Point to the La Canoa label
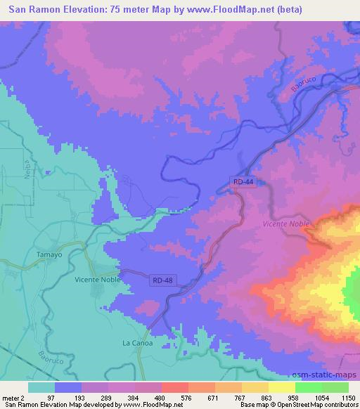pyautogui.click(x=137, y=343)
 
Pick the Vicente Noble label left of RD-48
pyautogui.click(x=98, y=279)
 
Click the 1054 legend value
pyautogui.click(x=321, y=398)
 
